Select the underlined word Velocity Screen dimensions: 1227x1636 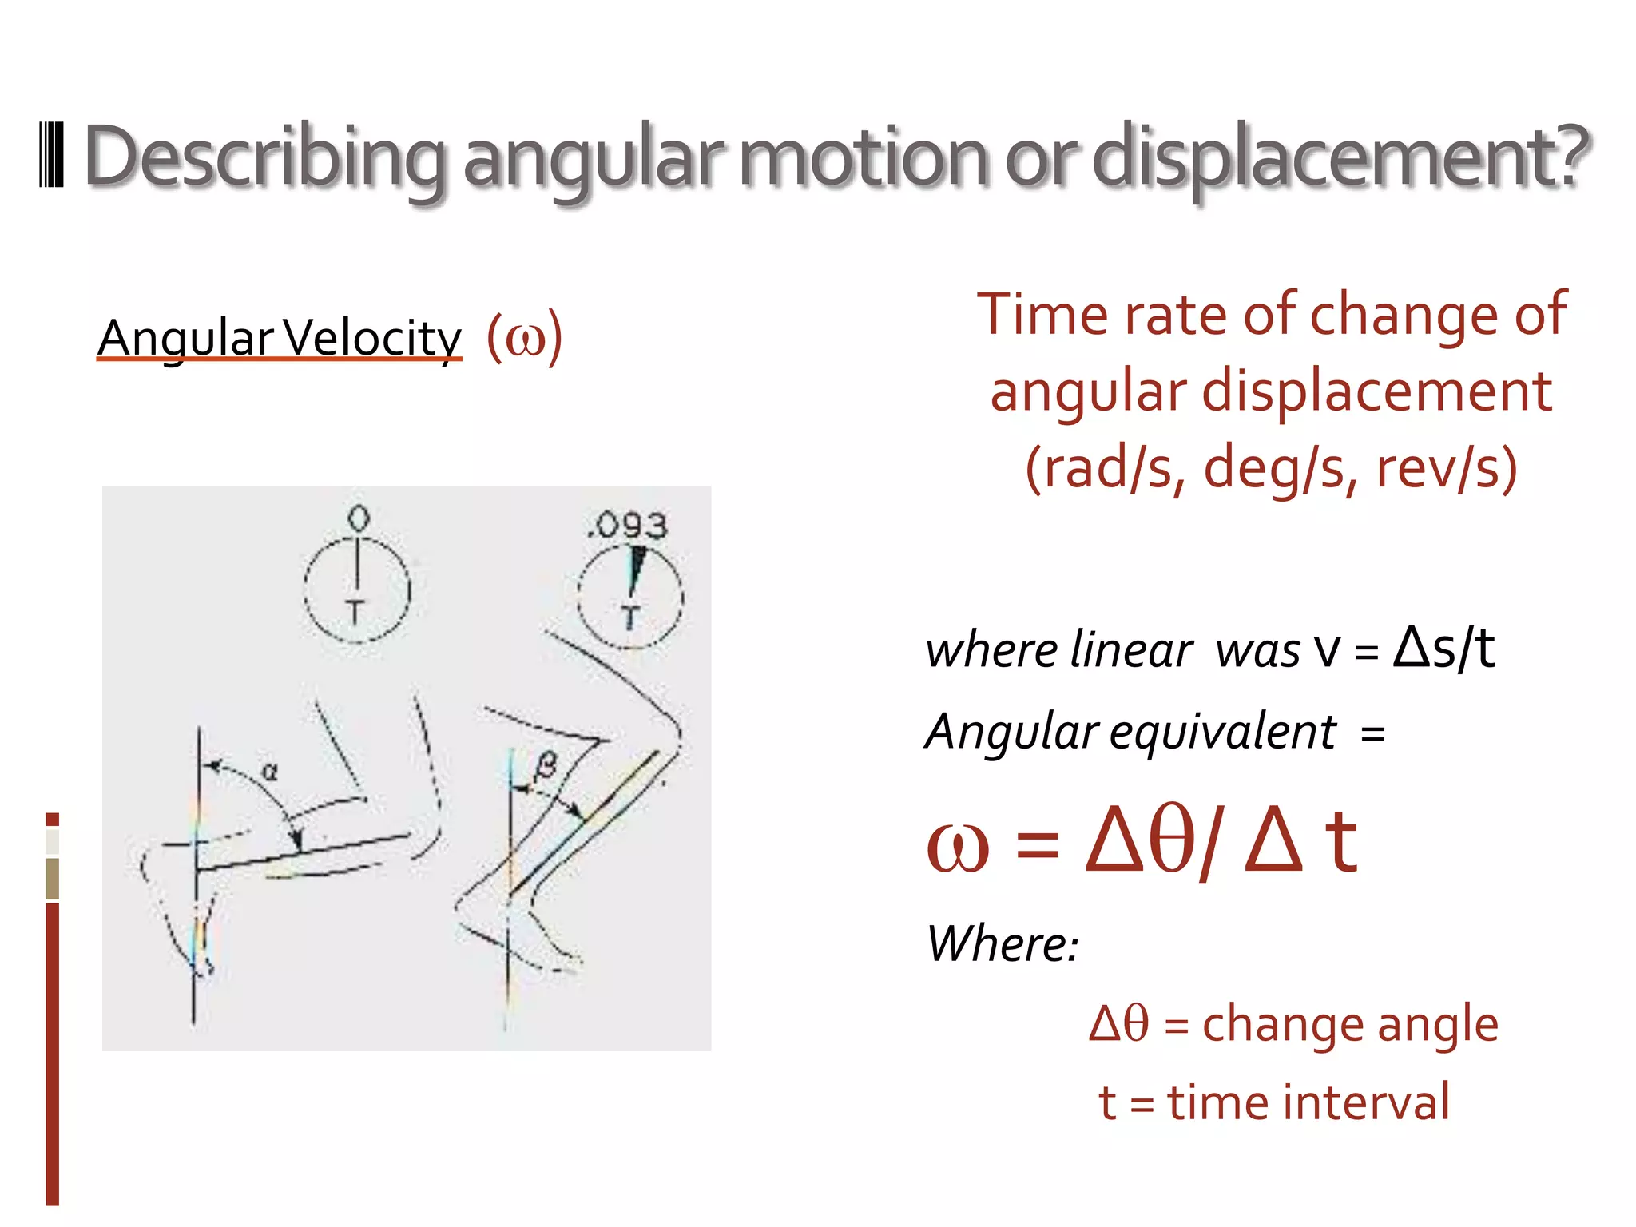[372, 339]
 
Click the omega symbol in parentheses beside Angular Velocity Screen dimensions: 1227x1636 [525, 339]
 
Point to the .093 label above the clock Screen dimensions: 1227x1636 [627, 525]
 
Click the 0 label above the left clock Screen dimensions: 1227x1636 [359, 519]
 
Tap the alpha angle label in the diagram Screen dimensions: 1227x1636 [270, 772]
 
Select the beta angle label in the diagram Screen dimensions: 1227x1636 [546, 766]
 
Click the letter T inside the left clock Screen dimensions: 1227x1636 [355, 613]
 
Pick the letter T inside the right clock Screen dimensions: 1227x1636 [630, 617]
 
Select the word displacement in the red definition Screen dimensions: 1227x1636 [1377, 391]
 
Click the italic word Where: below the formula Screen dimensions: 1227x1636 [1003, 943]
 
